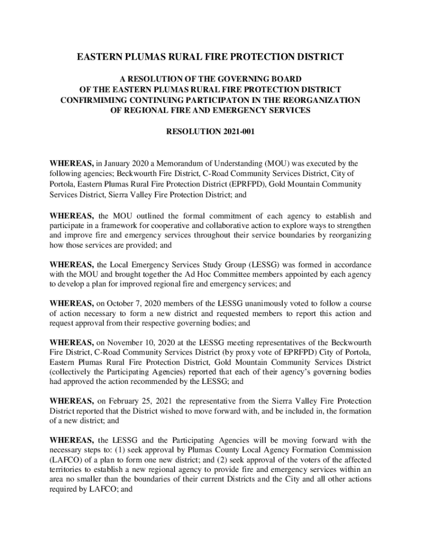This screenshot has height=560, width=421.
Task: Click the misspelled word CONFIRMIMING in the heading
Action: pyautogui.click(x=92, y=100)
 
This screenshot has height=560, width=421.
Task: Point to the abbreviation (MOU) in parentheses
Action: pyautogui.click(x=278, y=163)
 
